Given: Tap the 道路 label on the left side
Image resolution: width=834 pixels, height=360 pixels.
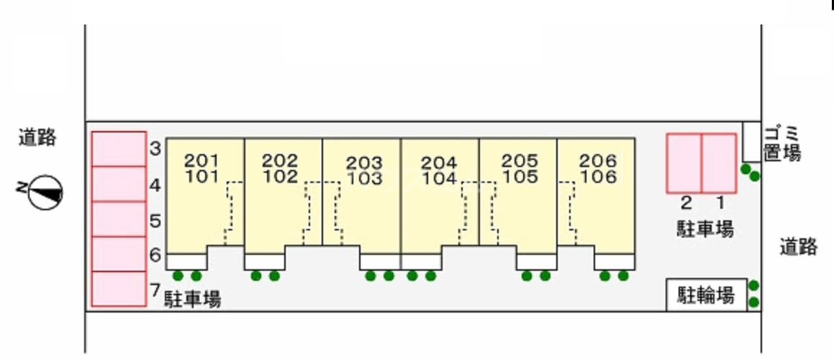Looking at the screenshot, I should pos(37,138).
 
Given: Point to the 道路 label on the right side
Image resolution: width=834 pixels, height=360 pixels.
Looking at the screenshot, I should pos(798,247).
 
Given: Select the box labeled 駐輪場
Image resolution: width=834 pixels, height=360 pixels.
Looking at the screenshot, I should pos(706,294).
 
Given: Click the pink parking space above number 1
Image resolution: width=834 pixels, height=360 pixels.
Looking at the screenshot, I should pos(718,163).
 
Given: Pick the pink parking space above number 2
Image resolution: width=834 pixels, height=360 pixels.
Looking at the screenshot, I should pos(684,163).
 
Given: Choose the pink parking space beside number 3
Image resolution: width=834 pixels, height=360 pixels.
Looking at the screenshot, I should pos(119,149).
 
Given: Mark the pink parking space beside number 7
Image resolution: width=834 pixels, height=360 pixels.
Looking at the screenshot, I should pos(119,289).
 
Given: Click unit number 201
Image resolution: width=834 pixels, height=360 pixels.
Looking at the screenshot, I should pos(201,160).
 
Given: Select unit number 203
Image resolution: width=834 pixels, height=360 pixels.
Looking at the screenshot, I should pos(363,163).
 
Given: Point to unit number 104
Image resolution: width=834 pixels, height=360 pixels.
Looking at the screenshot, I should pos(439,179).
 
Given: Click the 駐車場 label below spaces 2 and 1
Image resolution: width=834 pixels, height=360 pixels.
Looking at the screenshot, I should pos(704,230).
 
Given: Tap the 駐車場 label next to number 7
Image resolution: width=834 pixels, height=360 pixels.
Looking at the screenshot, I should pos(192,299).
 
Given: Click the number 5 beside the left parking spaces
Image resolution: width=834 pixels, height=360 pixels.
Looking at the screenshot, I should pos(155,220).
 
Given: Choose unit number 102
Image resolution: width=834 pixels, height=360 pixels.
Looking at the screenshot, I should pos(280,176).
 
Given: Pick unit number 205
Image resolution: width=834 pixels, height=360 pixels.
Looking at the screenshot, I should pos(520,161).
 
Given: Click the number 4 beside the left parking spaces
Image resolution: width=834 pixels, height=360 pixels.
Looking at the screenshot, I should pos(155,186).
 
